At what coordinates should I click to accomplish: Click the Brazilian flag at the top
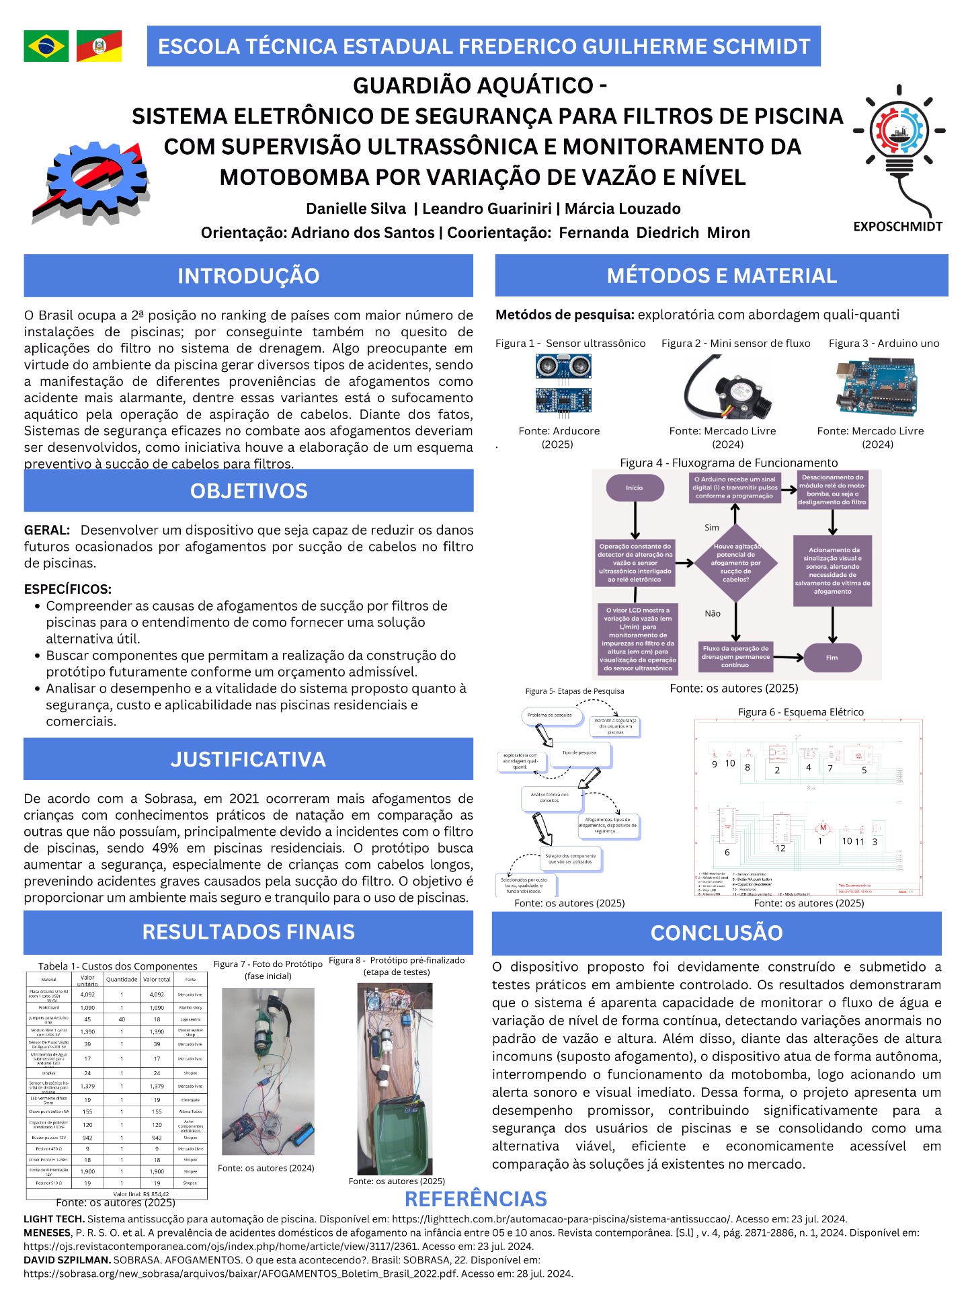[x=46, y=46]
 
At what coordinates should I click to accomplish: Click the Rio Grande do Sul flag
[x=99, y=46]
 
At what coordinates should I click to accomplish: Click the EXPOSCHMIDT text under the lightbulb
[x=897, y=227]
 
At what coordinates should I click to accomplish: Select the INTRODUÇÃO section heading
[x=248, y=276]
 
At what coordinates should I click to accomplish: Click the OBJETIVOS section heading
[x=248, y=491]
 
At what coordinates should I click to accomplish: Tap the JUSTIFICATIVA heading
[x=248, y=759]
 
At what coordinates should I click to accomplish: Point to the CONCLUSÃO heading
[x=717, y=933]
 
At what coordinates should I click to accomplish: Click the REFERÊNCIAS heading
[x=475, y=1199]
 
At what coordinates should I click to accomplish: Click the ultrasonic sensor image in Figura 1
[x=563, y=383]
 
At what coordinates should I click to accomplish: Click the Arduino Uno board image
[x=875, y=388]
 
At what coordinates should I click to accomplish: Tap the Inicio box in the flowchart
[x=635, y=487]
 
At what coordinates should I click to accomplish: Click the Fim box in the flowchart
[x=832, y=657]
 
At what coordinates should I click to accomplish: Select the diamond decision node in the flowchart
[x=735, y=563]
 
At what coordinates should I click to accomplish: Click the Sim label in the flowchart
[x=712, y=528]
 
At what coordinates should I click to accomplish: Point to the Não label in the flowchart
[x=713, y=613]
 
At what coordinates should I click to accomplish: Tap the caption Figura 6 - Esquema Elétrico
[x=800, y=712]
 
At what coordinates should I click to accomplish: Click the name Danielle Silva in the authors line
[x=356, y=208]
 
